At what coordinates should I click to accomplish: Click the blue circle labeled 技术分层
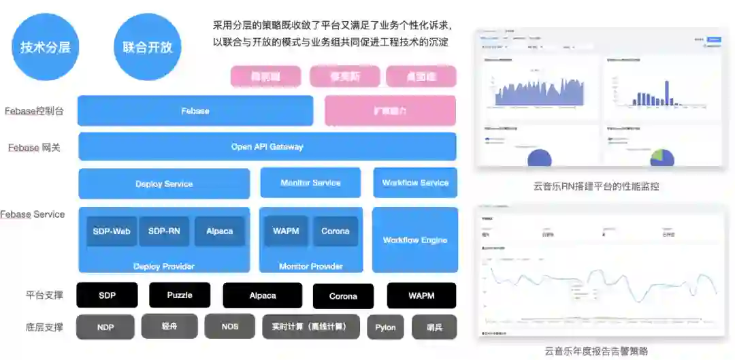point(45,47)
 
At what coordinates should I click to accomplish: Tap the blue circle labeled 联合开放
point(148,47)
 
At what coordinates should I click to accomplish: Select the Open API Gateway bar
point(267,146)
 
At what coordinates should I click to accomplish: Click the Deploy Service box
point(164,184)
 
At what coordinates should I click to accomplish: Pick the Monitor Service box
point(310,182)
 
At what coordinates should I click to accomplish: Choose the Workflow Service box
point(415,182)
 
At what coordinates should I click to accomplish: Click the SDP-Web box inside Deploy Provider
point(112,231)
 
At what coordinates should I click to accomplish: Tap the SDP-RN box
point(164,231)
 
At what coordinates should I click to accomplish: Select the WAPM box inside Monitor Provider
point(286,231)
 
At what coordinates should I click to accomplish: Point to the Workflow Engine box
point(415,240)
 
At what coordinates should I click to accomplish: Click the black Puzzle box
point(180,295)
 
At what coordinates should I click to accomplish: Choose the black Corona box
point(343,296)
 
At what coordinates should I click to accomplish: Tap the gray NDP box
point(105,327)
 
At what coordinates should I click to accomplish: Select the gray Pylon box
point(385,327)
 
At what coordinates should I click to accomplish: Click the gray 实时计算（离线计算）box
point(311,327)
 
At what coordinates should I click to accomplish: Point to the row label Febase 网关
point(34,147)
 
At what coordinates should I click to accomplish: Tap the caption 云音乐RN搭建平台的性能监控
point(597,186)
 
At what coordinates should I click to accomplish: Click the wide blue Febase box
point(195,110)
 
